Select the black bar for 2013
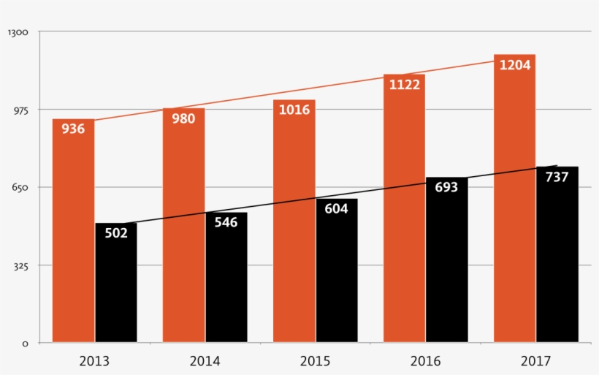pos(116,292)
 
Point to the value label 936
pos(73,129)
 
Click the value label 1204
pos(515,65)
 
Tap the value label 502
pos(116,233)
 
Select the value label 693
pos(446,187)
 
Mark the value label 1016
pos(294,110)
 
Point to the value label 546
pos(226,222)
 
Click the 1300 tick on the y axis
pos(17,32)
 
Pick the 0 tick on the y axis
pos(25,343)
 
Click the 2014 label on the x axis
pos(205,360)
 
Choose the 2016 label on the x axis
pos(425,360)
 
